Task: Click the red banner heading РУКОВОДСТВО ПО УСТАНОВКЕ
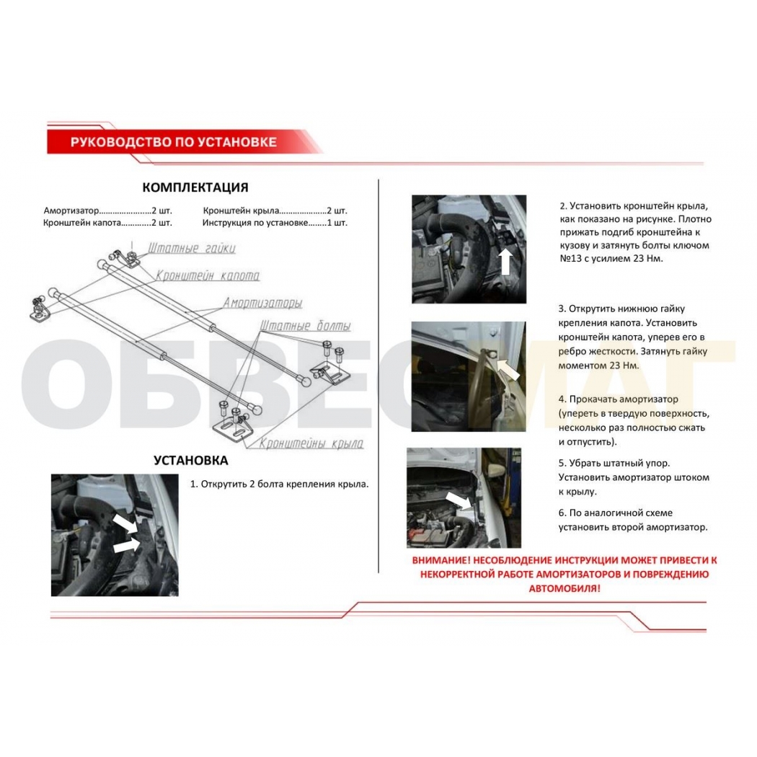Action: [174, 142]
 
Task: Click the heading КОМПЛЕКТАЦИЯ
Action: [195, 187]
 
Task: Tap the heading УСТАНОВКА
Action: [191, 460]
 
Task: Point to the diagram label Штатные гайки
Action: [191, 248]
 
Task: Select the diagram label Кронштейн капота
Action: [208, 275]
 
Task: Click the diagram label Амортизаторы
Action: [262, 303]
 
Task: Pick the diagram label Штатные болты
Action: [305, 325]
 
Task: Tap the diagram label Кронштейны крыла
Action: [311, 443]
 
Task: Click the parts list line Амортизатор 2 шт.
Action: [107, 211]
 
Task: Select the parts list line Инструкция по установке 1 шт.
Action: [275, 223]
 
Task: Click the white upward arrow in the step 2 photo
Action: [505, 261]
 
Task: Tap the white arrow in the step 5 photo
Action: [459, 500]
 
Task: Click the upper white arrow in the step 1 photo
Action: [125, 523]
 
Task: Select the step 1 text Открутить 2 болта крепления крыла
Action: [279, 484]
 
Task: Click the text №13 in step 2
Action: [571, 258]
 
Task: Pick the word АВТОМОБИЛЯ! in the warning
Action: [565, 588]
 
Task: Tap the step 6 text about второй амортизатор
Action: [633, 520]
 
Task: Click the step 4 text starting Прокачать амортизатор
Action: [634, 420]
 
